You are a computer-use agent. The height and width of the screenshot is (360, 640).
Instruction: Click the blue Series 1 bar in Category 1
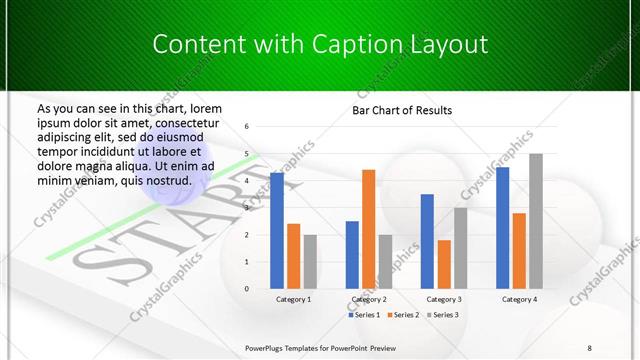(277, 231)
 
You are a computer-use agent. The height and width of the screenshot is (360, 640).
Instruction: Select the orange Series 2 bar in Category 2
(368, 229)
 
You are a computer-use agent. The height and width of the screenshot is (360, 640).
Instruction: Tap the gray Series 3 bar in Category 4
(535, 221)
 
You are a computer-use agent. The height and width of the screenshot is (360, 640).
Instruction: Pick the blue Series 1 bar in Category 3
(427, 241)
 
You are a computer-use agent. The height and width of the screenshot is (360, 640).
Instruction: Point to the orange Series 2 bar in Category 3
(444, 264)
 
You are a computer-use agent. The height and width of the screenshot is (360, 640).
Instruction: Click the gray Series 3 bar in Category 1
(310, 261)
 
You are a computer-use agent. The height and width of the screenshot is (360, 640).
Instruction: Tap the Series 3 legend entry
(443, 315)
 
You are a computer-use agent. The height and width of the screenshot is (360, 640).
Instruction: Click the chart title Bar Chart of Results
(402, 110)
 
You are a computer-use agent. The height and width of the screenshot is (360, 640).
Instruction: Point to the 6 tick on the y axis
(246, 127)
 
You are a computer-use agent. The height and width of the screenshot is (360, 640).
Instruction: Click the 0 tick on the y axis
(246, 289)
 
